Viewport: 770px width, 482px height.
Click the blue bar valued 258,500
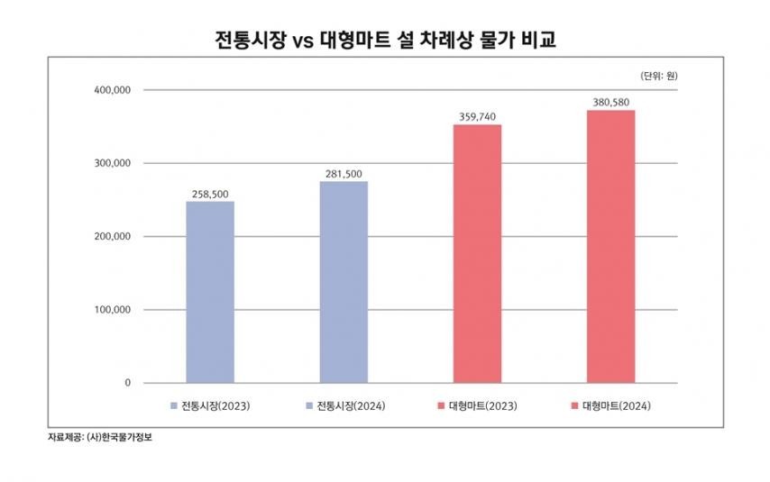point(209,292)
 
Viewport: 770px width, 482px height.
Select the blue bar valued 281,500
point(344,282)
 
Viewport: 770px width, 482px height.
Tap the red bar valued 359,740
point(477,253)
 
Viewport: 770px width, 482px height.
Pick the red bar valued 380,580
point(610,246)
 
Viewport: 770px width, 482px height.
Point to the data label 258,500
point(209,194)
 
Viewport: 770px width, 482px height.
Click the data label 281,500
point(344,174)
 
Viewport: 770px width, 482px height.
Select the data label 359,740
point(477,117)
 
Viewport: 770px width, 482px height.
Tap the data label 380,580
point(610,103)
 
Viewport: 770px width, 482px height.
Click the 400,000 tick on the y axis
point(113,90)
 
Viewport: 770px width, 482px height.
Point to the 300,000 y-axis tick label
point(113,163)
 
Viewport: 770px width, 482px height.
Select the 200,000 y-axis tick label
point(113,237)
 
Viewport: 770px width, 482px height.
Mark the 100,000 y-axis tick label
point(113,310)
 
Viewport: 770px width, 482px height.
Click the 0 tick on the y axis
point(127,383)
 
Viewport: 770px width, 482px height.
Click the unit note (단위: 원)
point(659,76)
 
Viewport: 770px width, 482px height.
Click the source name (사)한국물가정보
point(119,437)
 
